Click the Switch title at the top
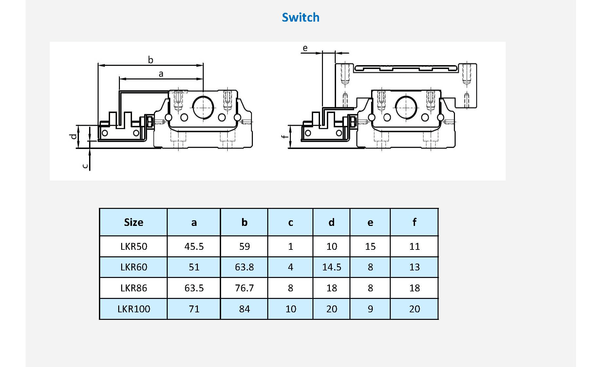pyautogui.click(x=300, y=17)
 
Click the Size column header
pyautogui.click(x=134, y=222)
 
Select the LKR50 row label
pyautogui.click(x=134, y=246)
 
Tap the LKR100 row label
pyautogui.click(x=134, y=309)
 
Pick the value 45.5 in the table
pyautogui.click(x=194, y=246)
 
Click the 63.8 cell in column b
pyautogui.click(x=244, y=267)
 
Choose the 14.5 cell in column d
pyautogui.click(x=331, y=267)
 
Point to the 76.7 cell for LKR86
pyautogui.click(x=244, y=288)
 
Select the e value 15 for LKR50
pyautogui.click(x=370, y=246)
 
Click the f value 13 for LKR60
pyautogui.click(x=414, y=267)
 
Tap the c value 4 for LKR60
pyautogui.click(x=291, y=267)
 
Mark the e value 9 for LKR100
pyautogui.click(x=370, y=309)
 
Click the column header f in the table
pyautogui.click(x=414, y=222)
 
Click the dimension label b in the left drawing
pyautogui.click(x=150, y=60)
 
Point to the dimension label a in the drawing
pyautogui.click(x=161, y=74)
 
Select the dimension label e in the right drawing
pyautogui.click(x=305, y=48)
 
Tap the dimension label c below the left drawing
pyautogui.click(x=85, y=166)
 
